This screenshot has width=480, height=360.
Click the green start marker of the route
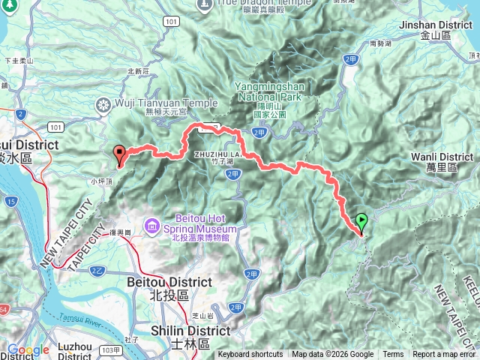pos(361,222)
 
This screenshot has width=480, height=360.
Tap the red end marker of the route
pos(119,155)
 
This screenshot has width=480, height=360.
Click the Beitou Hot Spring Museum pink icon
pos(153,224)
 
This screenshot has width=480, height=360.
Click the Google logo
pos(27,349)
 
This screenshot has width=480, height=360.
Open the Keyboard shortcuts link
pos(250,355)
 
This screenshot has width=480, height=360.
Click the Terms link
pos(393,355)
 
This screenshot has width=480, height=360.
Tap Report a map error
pos(445,355)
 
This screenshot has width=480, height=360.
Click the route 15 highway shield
pos(11,202)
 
